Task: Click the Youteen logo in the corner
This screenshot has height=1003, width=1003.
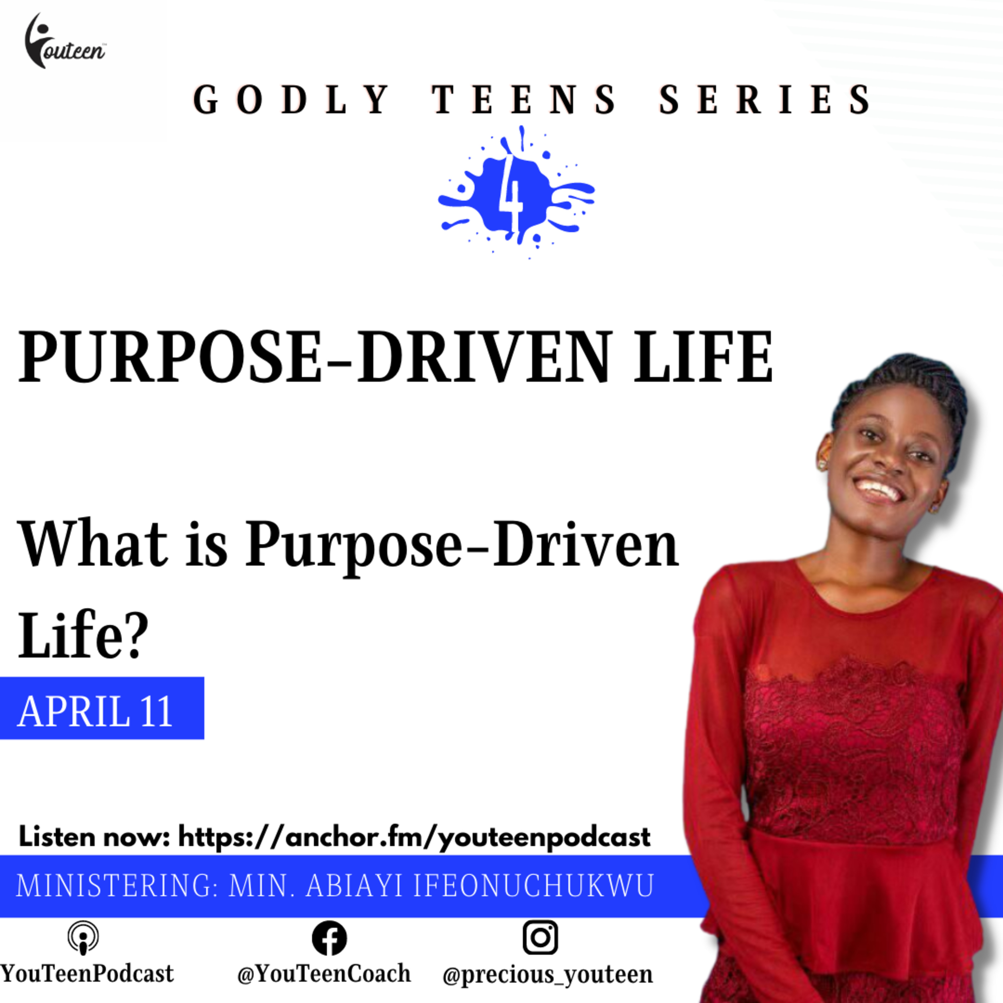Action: (x=65, y=41)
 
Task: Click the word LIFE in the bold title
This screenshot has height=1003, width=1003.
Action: (x=704, y=358)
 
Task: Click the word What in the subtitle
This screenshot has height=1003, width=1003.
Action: (x=94, y=545)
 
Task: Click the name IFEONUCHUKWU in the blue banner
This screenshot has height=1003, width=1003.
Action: (x=533, y=886)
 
